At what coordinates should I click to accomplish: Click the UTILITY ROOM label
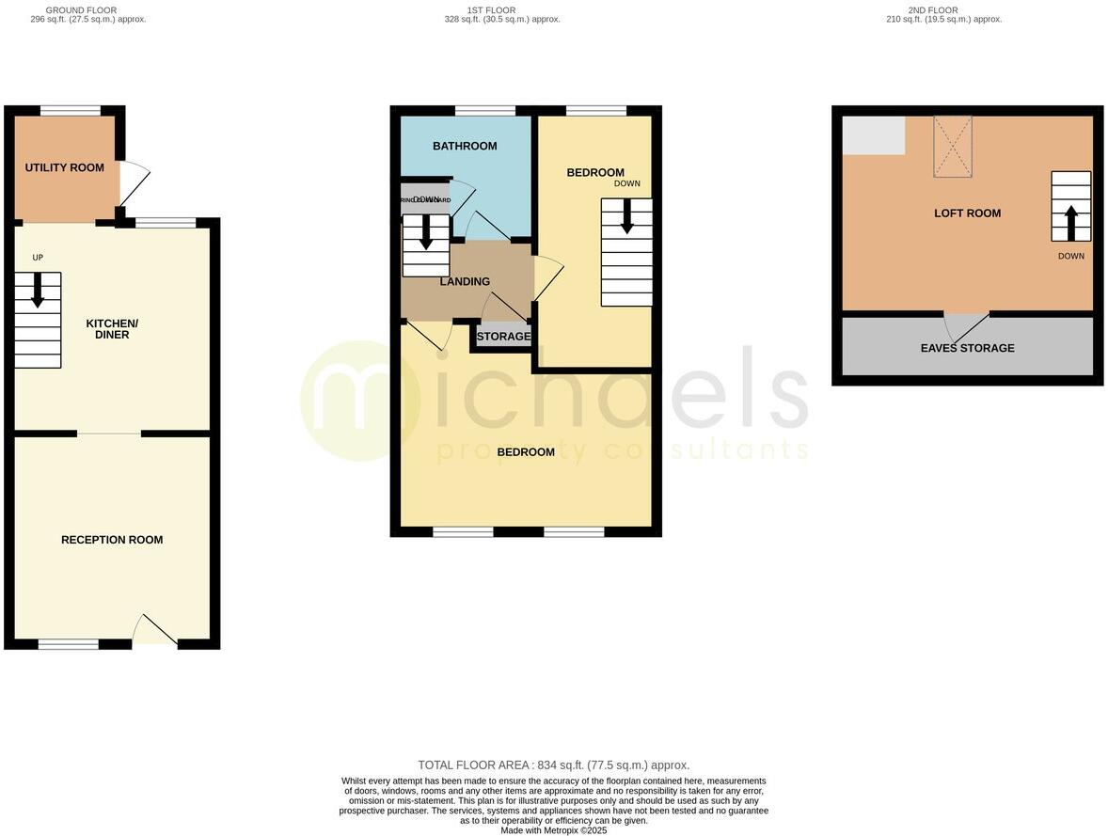pos(65,168)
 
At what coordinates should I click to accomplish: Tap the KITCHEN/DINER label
pos(108,329)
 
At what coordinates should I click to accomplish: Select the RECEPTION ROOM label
pos(112,540)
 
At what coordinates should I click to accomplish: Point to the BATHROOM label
pos(465,146)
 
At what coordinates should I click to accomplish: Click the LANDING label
pos(465,281)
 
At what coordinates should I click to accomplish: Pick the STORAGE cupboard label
pos(503,337)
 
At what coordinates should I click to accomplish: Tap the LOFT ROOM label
pos(967,213)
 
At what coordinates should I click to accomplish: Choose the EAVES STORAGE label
pos(967,348)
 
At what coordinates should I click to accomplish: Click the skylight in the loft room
pos(952,146)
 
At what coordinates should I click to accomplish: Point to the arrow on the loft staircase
pos(1070,223)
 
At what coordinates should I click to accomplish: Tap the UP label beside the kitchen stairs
pos(38,258)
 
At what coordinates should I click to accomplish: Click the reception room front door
pos(153,631)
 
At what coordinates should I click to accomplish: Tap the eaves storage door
pos(966,325)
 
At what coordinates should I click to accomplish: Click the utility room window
pos(71,110)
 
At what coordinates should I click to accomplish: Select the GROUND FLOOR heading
pos(81,10)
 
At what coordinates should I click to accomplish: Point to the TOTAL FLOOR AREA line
pos(553,765)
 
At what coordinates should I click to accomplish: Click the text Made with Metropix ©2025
pos(553,830)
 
